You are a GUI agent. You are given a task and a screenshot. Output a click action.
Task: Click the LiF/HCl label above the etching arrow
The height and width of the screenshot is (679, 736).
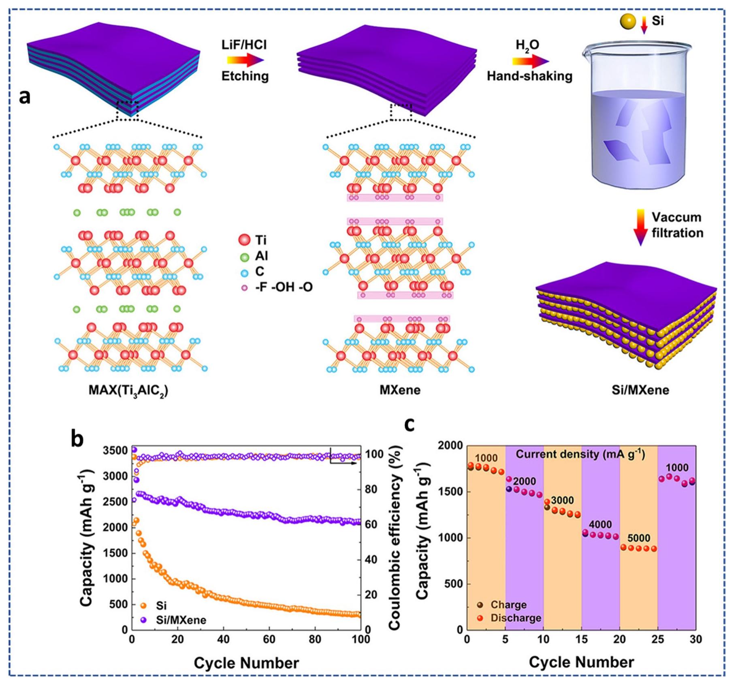point(244,45)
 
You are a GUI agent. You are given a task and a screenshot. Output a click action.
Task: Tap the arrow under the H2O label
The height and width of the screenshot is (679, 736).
point(530,61)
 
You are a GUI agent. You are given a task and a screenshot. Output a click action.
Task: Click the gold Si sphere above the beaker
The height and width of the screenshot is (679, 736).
point(628,21)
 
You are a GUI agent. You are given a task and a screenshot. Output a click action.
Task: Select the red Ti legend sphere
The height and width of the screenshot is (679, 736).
point(245,240)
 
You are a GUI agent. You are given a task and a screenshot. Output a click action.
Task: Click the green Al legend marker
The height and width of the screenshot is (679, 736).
point(245,257)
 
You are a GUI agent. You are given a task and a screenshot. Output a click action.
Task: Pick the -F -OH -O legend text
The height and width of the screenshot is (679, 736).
point(284,288)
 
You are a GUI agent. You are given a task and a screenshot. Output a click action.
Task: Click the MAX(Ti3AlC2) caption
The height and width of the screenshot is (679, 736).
point(128,390)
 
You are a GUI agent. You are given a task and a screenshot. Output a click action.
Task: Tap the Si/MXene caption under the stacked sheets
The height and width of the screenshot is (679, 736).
point(640,390)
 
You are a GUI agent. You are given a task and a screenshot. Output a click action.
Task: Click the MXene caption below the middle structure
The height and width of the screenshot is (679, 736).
point(400,390)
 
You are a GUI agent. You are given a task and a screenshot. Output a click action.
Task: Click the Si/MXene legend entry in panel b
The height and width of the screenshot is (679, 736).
point(181,620)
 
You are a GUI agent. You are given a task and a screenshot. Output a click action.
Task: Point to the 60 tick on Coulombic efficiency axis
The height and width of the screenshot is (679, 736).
point(373,525)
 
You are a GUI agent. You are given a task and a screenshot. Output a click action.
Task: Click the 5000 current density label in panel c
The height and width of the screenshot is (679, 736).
point(639,538)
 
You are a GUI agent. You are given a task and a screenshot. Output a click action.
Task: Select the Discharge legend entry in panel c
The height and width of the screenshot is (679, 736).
point(516,618)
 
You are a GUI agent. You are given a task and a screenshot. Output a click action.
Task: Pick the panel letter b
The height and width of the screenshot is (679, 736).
point(77,439)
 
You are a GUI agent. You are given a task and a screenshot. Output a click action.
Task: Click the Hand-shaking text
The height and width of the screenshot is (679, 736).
point(529,76)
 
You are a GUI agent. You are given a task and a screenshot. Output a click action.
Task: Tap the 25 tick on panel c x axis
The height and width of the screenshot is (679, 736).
point(658,639)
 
